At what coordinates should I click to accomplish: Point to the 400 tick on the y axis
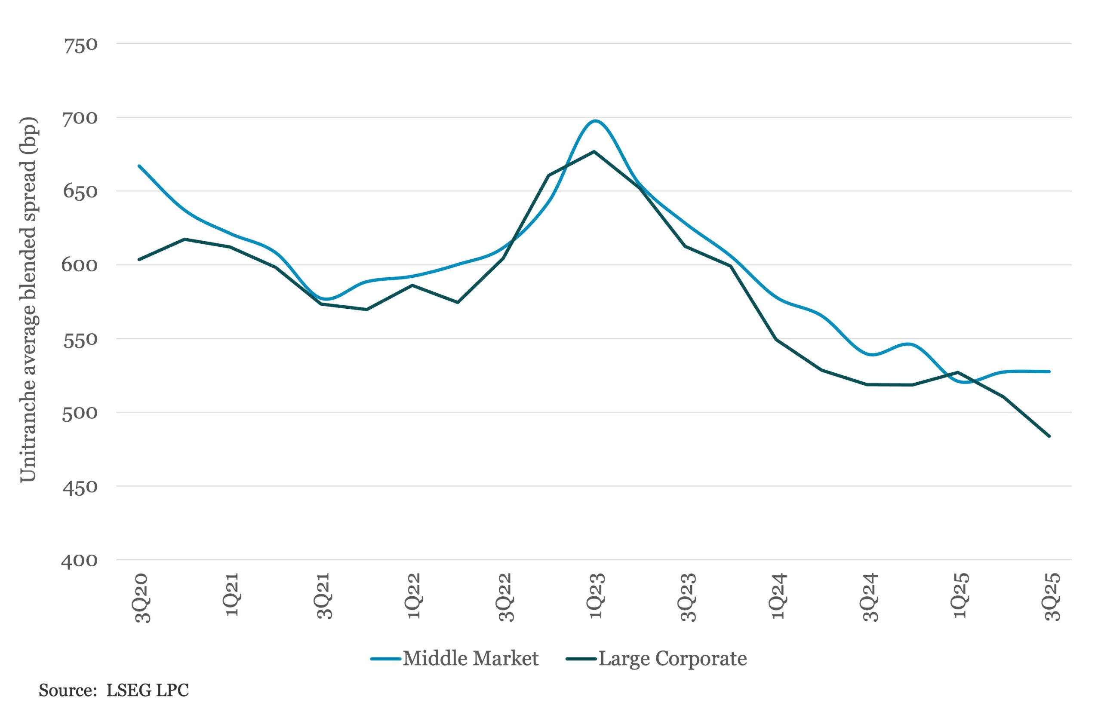pyautogui.click(x=79, y=560)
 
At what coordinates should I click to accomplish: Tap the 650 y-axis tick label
pyautogui.click(x=80, y=191)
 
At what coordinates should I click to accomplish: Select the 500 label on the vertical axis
pyautogui.click(x=80, y=412)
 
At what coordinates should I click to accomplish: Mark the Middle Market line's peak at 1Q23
pyautogui.click(x=595, y=121)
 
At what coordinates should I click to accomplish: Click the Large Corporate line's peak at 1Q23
pyautogui.click(x=594, y=152)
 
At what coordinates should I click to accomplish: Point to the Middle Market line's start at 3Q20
pyautogui.click(x=139, y=166)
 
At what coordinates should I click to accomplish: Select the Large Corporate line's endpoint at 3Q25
pyautogui.click(x=1049, y=436)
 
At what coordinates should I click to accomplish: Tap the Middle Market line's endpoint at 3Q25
pyautogui.click(x=1049, y=371)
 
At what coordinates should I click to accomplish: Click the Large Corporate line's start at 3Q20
pyautogui.click(x=139, y=259)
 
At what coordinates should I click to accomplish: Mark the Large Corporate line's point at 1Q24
pyautogui.click(x=776, y=339)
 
